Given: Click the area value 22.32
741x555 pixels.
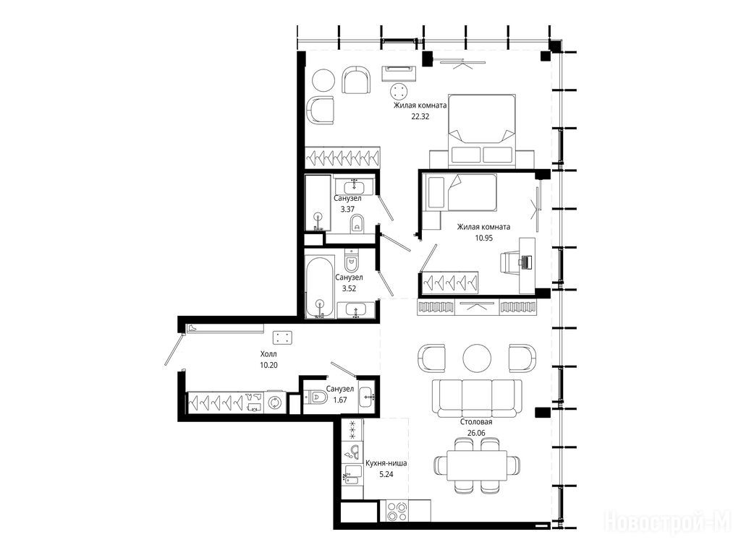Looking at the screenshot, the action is click(420, 116).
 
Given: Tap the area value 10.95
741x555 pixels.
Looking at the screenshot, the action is click(484, 238).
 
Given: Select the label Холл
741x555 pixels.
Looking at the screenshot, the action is click(268, 354).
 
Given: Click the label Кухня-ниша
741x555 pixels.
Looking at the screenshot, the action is click(386, 463).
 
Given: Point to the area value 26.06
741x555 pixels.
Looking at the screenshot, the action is click(476, 433).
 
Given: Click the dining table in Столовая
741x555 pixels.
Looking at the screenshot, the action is click(477, 465).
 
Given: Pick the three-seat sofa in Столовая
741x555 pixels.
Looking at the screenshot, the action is click(477, 398).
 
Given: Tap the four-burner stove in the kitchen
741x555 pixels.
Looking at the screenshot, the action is click(397, 511).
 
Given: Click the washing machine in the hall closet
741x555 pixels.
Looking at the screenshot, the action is click(274, 403).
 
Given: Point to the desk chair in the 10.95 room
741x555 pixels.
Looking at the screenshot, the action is click(510, 262).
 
